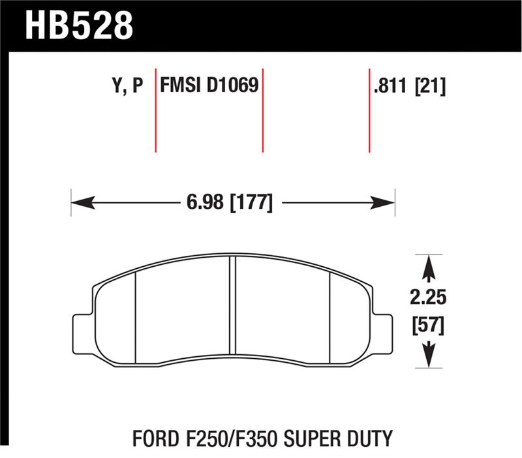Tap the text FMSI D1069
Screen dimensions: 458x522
[x=209, y=86]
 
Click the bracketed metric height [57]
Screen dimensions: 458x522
[x=428, y=324]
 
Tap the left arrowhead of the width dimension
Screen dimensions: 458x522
[x=78, y=203]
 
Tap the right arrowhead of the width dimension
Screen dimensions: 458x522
[x=388, y=203]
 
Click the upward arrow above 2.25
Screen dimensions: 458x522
[x=428, y=267]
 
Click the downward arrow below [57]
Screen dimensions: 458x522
[x=428, y=356]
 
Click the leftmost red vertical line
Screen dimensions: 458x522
[x=155, y=110]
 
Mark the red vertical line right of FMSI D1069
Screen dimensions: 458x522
[x=262, y=110]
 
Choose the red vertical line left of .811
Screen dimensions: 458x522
[x=369, y=110]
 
